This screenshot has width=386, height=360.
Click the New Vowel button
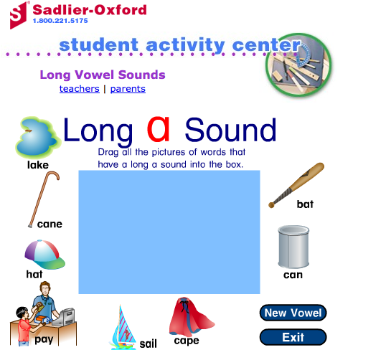coord(293,313)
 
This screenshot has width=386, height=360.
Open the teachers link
coord(79,89)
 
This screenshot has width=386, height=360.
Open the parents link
coord(128,89)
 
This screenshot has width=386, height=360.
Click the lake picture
coord(37,137)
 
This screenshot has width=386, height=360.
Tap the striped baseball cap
coord(44,255)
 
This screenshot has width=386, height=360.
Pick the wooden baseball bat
coord(296,185)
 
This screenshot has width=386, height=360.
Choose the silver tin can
coord(293,247)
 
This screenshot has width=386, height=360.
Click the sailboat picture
coord(123,327)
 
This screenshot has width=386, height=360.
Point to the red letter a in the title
coord(159,129)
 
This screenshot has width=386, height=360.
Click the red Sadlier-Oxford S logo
coord(19,15)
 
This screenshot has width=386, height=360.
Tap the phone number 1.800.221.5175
coord(60,21)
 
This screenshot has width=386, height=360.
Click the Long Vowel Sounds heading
coord(103,75)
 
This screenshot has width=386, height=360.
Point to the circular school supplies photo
coord(298,65)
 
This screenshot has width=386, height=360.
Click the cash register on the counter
coord(64,317)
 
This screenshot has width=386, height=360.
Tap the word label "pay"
coord(44,340)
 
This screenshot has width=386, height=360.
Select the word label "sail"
coord(149,344)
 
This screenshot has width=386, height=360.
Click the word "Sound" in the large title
coord(230,130)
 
